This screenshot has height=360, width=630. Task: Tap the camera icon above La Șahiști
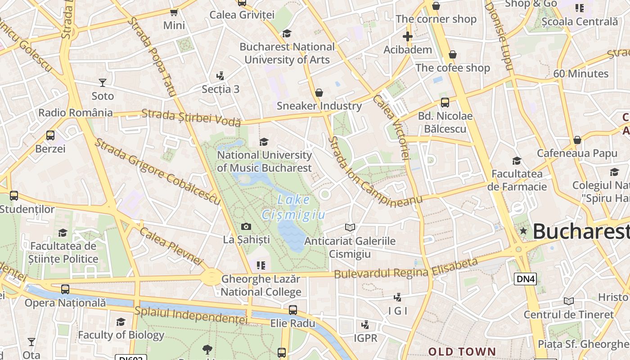[x=246, y=226]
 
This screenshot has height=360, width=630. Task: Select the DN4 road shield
[x=525, y=279]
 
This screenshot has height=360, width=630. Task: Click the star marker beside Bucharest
[x=523, y=231]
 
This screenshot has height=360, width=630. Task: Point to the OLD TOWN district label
[x=462, y=351]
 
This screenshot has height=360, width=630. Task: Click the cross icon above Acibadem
[x=408, y=36]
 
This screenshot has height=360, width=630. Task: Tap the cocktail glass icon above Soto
[x=103, y=82]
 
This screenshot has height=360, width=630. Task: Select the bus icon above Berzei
[x=50, y=135]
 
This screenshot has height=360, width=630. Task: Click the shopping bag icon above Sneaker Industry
[x=319, y=93]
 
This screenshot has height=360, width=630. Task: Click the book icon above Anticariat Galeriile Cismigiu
[x=350, y=227]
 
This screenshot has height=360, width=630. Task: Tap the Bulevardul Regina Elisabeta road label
[x=405, y=269]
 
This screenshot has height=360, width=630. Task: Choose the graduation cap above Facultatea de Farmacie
[x=517, y=161]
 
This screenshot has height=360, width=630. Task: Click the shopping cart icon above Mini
[x=174, y=12]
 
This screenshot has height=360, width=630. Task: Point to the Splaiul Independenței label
[x=191, y=315]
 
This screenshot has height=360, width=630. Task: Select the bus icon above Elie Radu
[x=293, y=310]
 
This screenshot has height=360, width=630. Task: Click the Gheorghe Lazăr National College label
[x=261, y=285]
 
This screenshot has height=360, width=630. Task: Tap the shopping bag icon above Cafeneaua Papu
[x=577, y=140]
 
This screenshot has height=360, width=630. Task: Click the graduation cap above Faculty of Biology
[x=121, y=322]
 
